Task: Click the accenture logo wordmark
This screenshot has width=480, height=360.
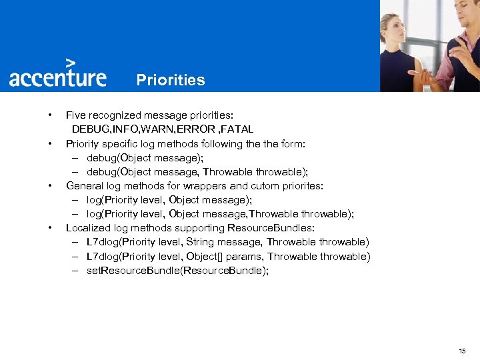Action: point(57,77)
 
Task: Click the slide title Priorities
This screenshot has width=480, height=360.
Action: point(171,81)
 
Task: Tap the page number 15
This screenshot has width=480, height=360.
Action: point(462,351)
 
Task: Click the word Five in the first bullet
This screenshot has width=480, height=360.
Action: point(76,115)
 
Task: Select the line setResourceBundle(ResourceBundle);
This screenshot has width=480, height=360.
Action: point(177,271)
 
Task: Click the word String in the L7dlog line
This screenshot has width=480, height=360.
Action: point(201,242)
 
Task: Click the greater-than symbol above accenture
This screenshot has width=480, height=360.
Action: point(80,61)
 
